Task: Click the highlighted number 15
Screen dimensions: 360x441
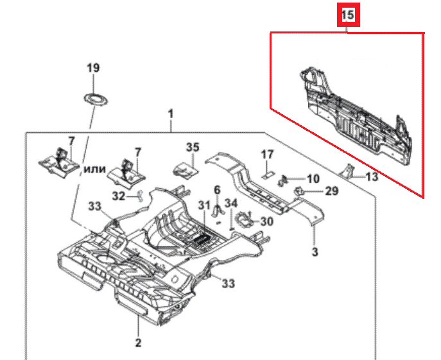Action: [347, 15]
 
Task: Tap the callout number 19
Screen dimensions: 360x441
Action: [94, 67]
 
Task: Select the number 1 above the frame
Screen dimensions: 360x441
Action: [171, 114]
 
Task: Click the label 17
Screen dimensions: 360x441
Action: [267, 154]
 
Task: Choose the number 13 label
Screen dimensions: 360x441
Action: [372, 176]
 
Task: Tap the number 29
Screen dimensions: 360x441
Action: [331, 191]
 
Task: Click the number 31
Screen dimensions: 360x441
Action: [204, 205]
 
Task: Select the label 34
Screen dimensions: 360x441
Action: [231, 204]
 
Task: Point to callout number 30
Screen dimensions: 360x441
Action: [266, 221]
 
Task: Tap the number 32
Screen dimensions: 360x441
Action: [118, 196]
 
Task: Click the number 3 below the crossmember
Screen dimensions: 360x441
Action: [315, 252]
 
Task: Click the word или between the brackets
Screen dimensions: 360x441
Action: [95, 168]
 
